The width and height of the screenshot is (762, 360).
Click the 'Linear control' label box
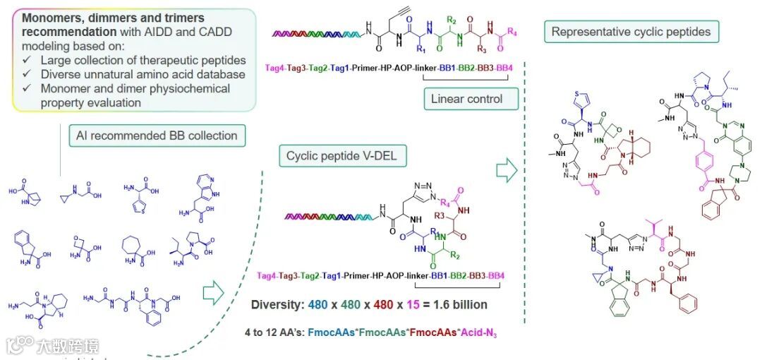[467, 99]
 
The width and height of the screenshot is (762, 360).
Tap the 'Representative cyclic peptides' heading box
[631, 32]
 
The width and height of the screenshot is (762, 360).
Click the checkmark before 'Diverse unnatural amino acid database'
[27, 74]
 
